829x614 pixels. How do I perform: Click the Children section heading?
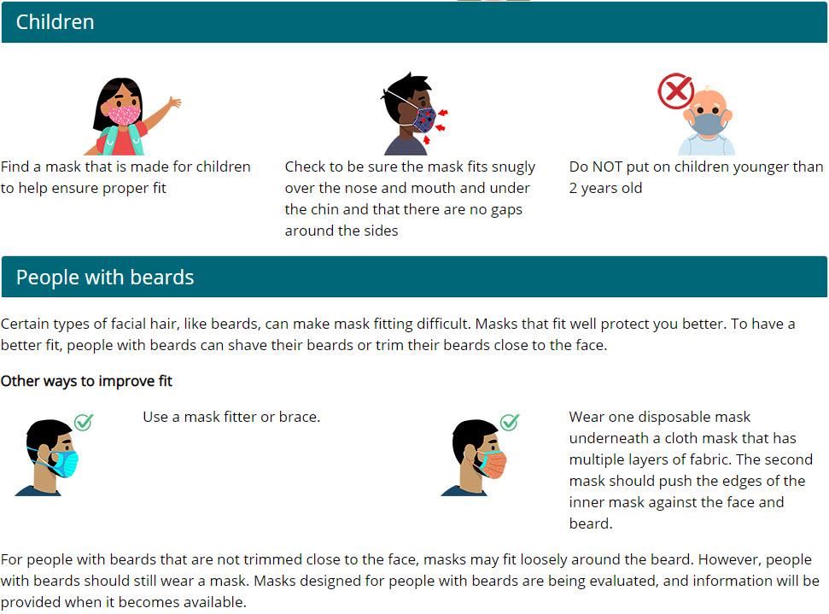pyautogui.click(x=55, y=22)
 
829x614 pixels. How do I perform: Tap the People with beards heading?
pyautogui.click(x=105, y=278)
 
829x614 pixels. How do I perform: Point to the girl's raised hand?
pyautogui.click(x=174, y=102)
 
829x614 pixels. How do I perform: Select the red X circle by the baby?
pyautogui.click(x=675, y=91)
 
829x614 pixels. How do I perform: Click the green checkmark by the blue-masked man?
pyautogui.click(x=84, y=422)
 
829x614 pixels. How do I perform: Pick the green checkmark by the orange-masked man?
pyautogui.click(x=510, y=422)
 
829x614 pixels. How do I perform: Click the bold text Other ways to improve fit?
pyautogui.click(x=87, y=382)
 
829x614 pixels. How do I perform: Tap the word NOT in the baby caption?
pyautogui.click(x=607, y=167)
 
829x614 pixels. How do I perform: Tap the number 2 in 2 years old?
pyautogui.click(x=573, y=188)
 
